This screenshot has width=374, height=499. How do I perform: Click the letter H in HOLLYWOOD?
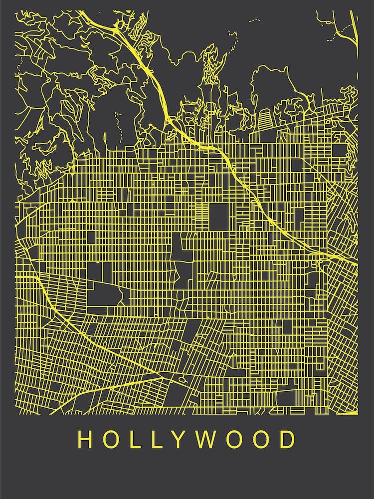click(x=85, y=440)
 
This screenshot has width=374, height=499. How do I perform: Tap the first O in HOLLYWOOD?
click(x=113, y=440)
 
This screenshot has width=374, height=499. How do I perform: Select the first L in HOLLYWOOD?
click(x=137, y=440)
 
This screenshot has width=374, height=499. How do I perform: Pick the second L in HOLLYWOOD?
click(x=159, y=440)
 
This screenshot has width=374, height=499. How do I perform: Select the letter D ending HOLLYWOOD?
click(x=288, y=440)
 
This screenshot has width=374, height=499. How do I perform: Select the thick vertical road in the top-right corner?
click(x=356, y=30)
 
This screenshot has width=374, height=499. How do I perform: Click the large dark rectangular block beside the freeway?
click(x=218, y=216)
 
